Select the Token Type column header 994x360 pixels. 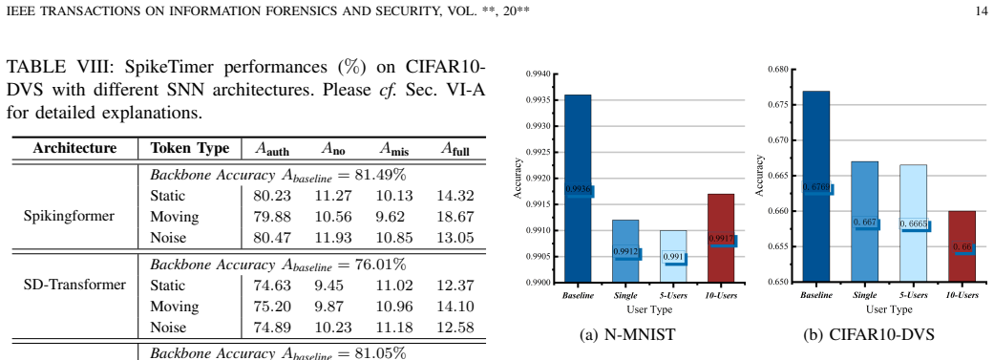[x=190, y=148]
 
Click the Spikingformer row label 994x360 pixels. [x=69, y=216]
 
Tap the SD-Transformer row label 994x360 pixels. [x=74, y=285]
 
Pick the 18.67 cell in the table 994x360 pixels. [x=455, y=217]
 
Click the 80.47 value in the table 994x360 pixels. [x=272, y=238]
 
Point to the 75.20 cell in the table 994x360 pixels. [x=272, y=307]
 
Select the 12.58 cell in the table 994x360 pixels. [x=455, y=328]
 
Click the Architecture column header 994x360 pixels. [x=74, y=148]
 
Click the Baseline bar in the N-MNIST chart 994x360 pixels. [x=578, y=189]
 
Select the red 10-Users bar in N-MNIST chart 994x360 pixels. [x=721, y=239]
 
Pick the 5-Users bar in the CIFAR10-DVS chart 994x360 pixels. [x=914, y=222]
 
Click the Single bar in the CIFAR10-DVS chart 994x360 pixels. [x=865, y=221]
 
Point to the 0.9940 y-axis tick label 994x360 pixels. [x=539, y=74]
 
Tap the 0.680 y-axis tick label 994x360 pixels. [x=778, y=69]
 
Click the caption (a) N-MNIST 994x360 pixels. [x=627, y=335]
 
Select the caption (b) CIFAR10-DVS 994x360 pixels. [x=869, y=335]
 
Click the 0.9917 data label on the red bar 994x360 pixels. [x=721, y=239]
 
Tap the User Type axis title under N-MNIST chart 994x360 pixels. [x=649, y=309]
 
